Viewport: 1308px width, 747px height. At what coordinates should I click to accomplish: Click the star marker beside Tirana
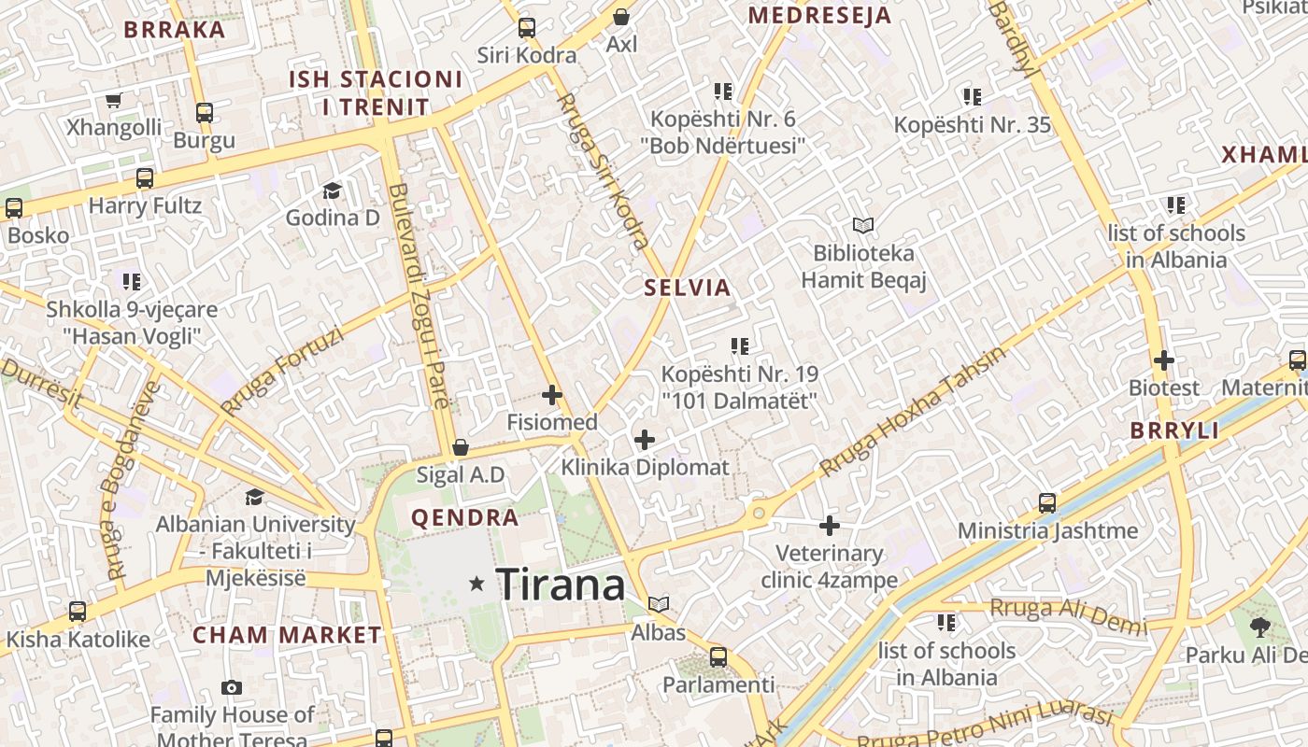(477, 584)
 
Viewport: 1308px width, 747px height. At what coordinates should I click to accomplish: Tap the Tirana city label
(560, 585)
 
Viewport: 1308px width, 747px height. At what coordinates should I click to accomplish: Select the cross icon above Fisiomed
(552, 395)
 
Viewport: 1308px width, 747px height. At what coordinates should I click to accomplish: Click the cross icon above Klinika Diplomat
(645, 439)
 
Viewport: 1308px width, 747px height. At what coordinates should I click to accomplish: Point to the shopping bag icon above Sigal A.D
(460, 447)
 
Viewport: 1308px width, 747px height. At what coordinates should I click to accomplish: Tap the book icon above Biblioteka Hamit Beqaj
(863, 225)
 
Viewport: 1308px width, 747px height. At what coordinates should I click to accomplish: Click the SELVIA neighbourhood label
(687, 287)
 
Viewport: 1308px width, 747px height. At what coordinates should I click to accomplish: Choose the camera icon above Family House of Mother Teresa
(232, 688)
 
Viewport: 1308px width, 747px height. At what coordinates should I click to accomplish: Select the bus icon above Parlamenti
(718, 656)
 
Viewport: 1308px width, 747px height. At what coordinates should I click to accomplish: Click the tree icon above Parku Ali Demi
(1259, 627)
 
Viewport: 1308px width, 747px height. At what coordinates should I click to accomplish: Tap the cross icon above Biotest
(1163, 359)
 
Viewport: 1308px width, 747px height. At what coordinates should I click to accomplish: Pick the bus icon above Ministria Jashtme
(1047, 503)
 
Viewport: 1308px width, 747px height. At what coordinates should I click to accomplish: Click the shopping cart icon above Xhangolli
(114, 100)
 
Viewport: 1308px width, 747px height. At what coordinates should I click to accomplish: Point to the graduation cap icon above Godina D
(332, 190)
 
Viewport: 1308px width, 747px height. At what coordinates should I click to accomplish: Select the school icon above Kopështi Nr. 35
(972, 96)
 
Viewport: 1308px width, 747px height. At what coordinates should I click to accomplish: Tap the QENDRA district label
(464, 517)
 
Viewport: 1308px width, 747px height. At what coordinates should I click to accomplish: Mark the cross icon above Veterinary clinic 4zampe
(829, 526)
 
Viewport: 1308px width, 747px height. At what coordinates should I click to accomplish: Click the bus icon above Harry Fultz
(145, 177)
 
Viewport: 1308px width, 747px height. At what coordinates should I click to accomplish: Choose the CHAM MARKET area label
(287, 635)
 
